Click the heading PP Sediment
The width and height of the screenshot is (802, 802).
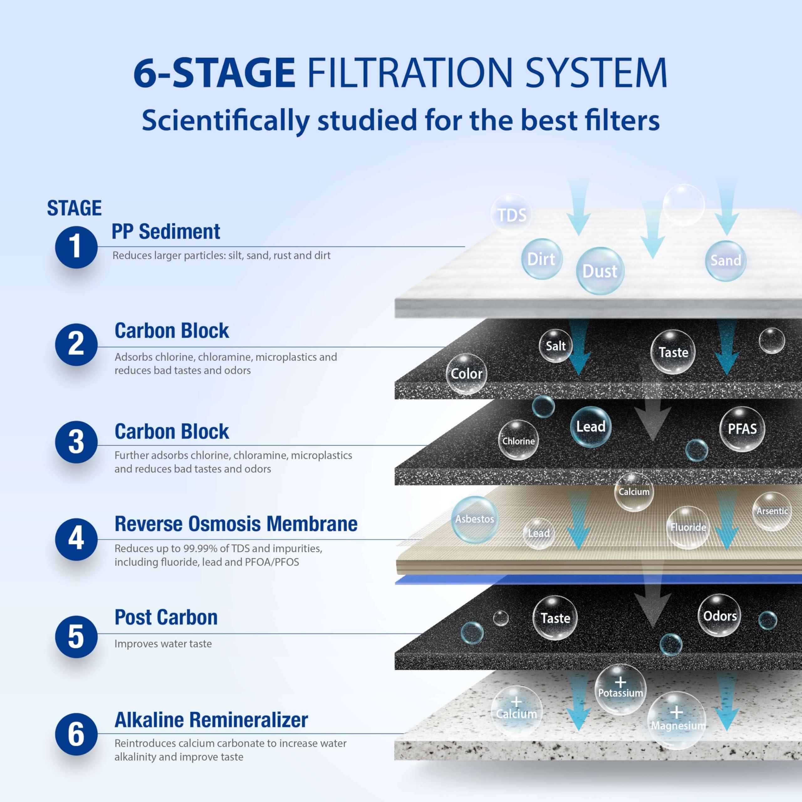click(x=166, y=232)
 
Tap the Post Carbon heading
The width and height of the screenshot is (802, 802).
click(x=166, y=617)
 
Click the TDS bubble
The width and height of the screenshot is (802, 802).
click(x=511, y=215)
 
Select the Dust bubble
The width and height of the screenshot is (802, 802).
click(x=600, y=271)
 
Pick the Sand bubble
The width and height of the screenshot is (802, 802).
click(x=726, y=260)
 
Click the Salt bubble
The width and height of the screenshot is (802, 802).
click(x=555, y=346)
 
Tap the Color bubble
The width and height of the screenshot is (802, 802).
click(x=466, y=374)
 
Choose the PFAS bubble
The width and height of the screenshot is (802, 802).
click(x=742, y=429)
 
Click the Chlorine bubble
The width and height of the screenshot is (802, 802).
click(x=518, y=441)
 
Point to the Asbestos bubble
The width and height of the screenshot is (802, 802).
click(x=475, y=519)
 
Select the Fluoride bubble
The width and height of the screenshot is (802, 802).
click(x=688, y=527)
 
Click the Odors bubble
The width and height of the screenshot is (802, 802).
click(x=719, y=616)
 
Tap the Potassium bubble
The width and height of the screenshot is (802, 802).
click(x=620, y=689)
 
